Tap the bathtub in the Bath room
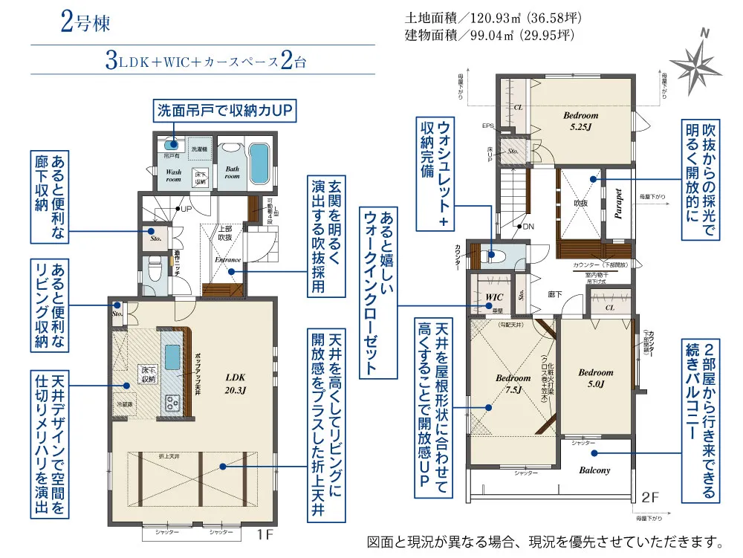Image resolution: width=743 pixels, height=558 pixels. click(x=259, y=163)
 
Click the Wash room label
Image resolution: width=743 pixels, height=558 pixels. click(x=173, y=175)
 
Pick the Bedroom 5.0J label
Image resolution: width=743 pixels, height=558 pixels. click(x=596, y=377)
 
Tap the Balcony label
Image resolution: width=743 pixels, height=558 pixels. click(x=594, y=470)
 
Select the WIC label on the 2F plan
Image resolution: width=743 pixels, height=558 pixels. click(x=494, y=297)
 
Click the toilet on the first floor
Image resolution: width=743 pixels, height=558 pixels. click(x=154, y=270)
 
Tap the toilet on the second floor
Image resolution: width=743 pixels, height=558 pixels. click(x=493, y=255)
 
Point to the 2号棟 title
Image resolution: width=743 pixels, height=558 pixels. click(x=85, y=23)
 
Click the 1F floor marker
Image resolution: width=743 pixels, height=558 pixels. click(x=265, y=534)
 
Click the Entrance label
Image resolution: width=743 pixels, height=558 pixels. click(x=227, y=259)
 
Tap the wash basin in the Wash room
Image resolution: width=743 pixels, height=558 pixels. click(x=172, y=145)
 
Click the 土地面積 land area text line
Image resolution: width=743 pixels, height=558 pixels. click(x=490, y=17)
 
